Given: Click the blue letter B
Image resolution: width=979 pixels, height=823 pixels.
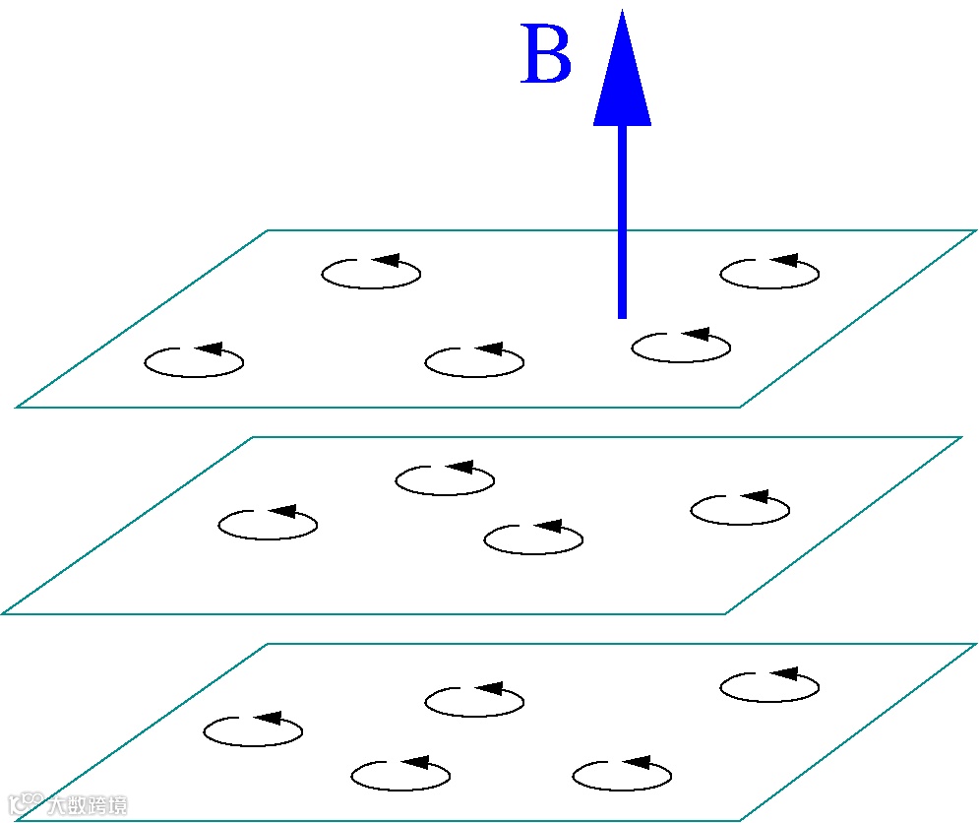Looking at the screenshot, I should click(546, 57).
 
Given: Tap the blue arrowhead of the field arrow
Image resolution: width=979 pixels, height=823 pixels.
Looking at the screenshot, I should click(622, 74).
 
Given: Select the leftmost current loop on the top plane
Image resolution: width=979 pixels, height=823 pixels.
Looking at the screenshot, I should click(194, 362).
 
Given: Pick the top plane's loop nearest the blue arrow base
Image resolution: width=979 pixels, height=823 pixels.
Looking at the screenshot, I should click(681, 347).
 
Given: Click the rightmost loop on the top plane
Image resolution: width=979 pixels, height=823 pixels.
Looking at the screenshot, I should click(769, 273).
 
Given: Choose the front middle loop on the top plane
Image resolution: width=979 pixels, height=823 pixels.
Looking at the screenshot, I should click(474, 362).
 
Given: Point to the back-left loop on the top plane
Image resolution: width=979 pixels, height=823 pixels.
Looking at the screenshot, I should click(371, 273).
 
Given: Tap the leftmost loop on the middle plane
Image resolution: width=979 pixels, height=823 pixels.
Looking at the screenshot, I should click(268, 525).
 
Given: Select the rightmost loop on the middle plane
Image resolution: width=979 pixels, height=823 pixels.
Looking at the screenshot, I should click(740, 509).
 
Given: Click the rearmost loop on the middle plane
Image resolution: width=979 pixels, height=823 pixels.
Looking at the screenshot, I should click(445, 479).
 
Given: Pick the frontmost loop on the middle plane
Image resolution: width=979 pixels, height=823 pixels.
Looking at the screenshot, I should click(534, 538).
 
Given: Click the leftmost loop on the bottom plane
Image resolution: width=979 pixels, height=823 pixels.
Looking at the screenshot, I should click(253, 731).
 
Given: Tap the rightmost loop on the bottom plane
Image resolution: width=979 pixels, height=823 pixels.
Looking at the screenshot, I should click(769, 686).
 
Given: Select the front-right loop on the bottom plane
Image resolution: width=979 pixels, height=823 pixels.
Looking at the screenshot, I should click(622, 775).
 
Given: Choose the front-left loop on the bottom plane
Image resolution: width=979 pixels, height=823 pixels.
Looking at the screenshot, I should click(400, 775).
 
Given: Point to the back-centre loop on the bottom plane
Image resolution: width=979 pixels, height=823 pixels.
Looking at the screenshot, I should click(474, 701).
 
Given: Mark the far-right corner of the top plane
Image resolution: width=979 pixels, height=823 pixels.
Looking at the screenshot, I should click(974, 231).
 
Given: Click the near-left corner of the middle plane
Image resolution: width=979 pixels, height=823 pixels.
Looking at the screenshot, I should click(5, 612).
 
